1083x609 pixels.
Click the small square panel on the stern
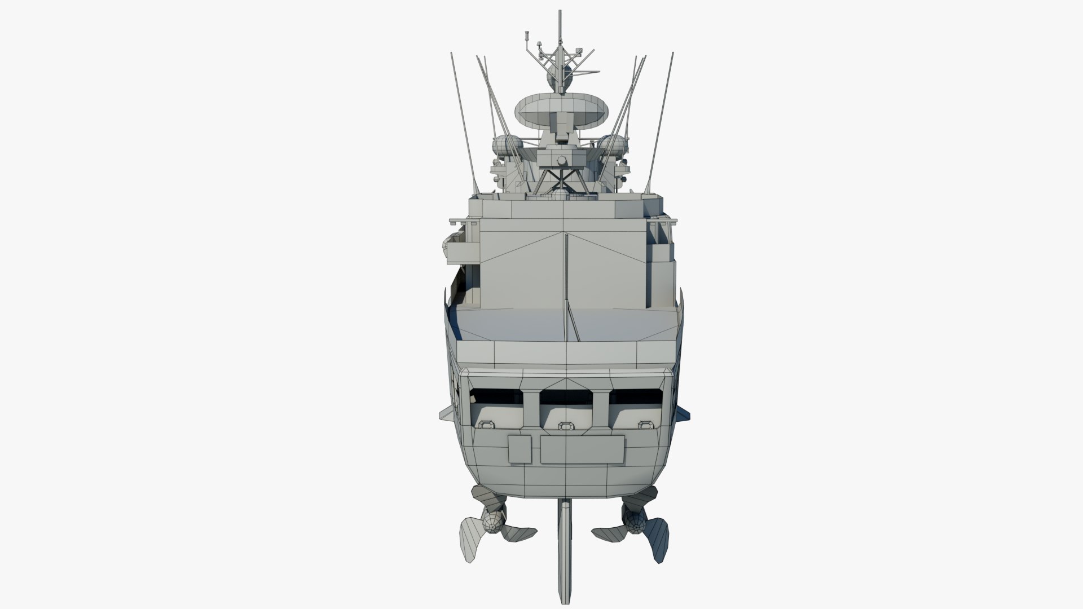(519, 449)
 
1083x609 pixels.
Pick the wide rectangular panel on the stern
(582, 449)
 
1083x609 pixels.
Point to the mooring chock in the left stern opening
(486, 426)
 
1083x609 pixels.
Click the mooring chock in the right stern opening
(644, 426)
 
